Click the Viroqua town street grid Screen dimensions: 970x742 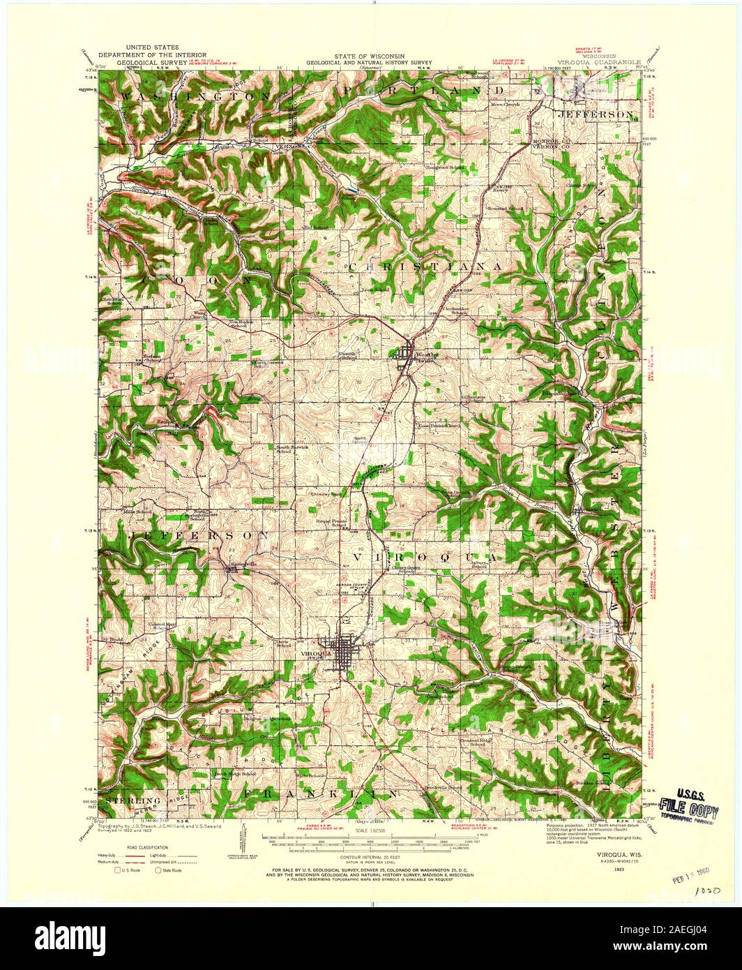coord(342,655)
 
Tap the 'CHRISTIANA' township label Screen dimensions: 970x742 coord(425,267)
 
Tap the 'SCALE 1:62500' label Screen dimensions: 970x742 coord(370,830)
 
